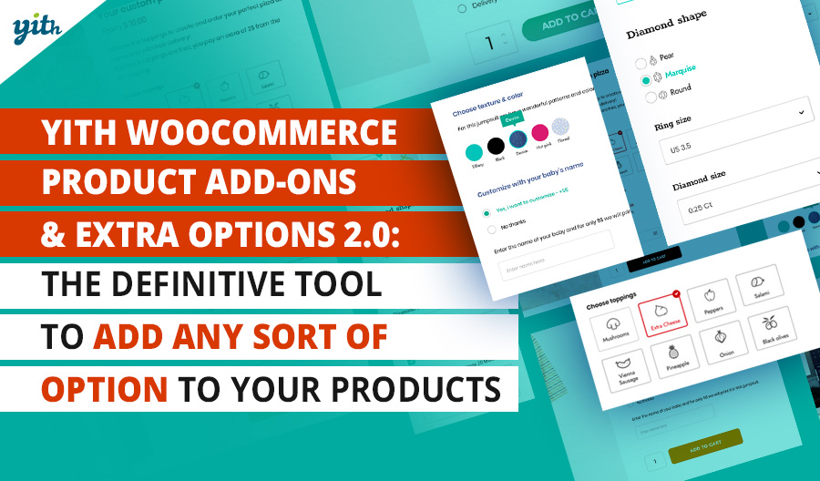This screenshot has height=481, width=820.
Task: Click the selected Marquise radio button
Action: tap(646, 81)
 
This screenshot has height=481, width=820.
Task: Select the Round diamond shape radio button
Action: tap(650, 97)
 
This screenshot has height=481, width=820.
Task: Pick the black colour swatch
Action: tap(495, 146)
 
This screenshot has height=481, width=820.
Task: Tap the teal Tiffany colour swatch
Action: tap(473, 151)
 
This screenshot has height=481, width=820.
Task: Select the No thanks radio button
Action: tap(493, 228)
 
